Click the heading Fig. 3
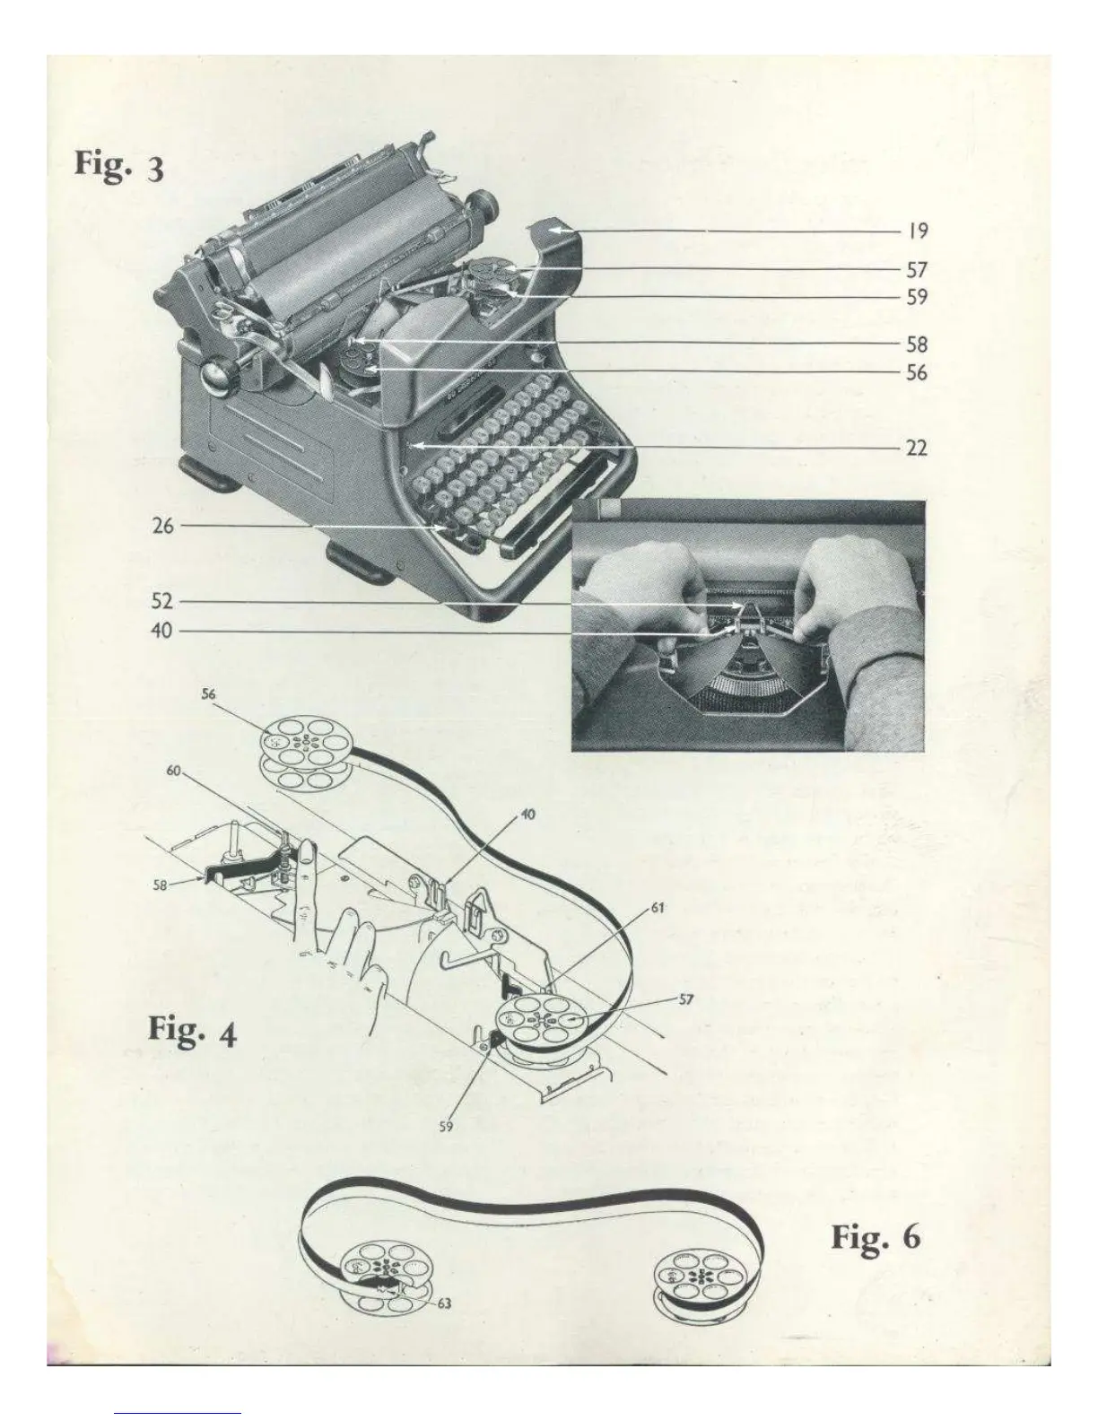click(x=118, y=166)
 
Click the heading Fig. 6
click(x=875, y=1237)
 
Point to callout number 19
click(x=916, y=231)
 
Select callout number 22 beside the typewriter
click(x=916, y=447)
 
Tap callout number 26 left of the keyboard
click(x=162, y=526)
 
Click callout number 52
click(x=162, y=601)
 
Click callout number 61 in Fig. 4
click(x=657, y=909)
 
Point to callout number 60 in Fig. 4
click(x=175, y=770)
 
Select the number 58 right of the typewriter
click(x=916, y=344)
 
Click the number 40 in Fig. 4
click(x=529, y=815)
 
